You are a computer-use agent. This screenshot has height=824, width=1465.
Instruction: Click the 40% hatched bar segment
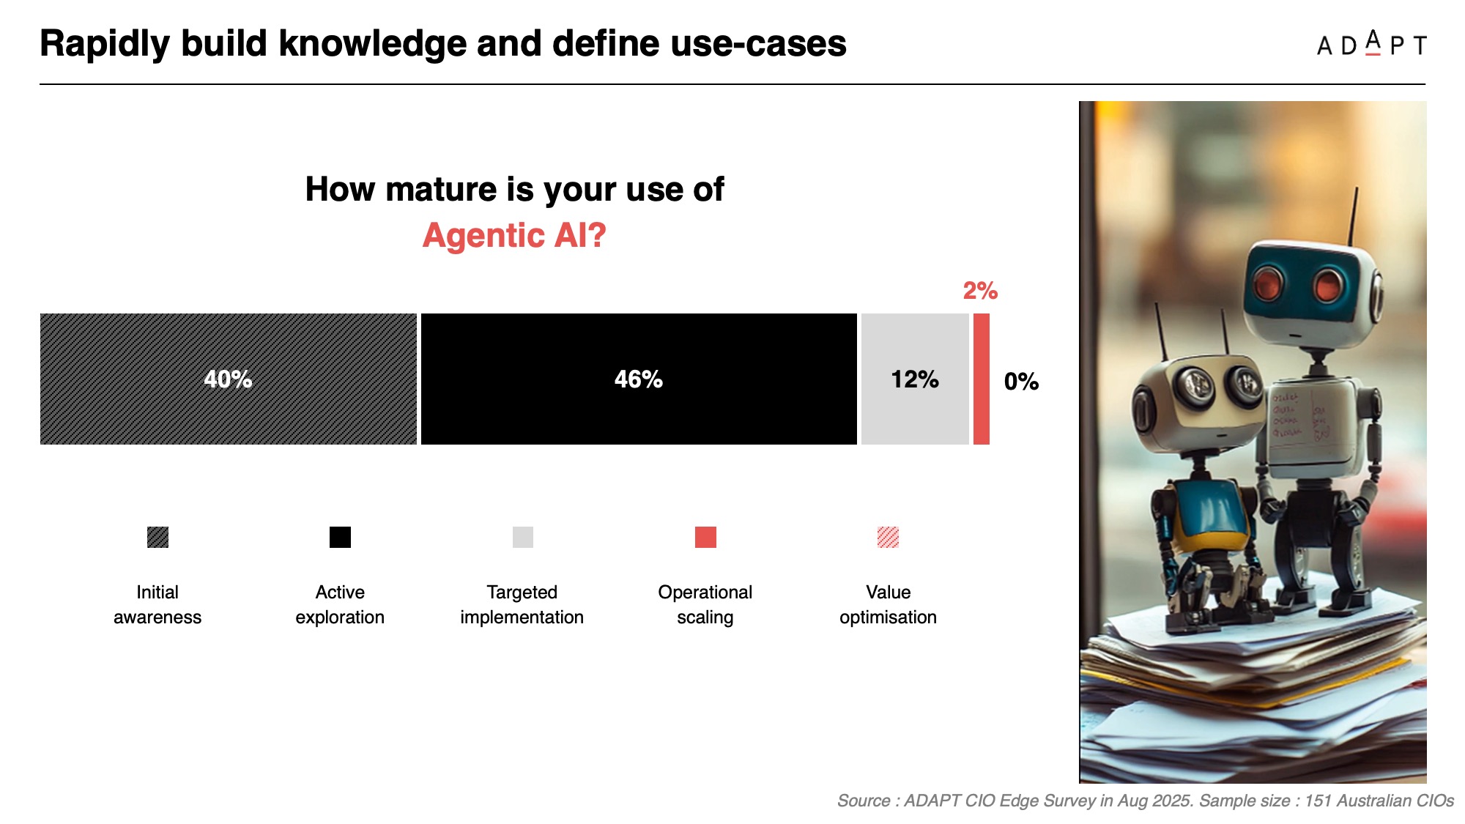click(x=228, y=379)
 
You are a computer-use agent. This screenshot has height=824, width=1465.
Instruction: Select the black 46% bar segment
click(x=639, y=379)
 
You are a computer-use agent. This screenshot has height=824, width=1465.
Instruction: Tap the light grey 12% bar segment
click(x=915, y=379)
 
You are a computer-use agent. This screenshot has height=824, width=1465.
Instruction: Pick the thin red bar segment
click(x=982, y=379)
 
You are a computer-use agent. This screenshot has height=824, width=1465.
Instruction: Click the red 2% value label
click(x=980, y=291)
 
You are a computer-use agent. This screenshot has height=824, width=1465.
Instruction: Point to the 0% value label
click(x=1021, y=382)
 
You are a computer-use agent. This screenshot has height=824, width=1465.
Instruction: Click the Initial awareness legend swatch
click(x=157, y=537)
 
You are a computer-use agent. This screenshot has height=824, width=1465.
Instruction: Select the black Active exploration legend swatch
click(x=340, y=537)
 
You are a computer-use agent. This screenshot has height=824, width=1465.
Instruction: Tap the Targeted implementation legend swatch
click(x=523, y=537)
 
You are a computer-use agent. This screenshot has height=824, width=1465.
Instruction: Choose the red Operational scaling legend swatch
click(x=705, y=537)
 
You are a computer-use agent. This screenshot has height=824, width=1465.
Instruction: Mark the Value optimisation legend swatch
click(x=888, y=537)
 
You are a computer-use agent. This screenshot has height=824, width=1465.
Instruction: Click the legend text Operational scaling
click(x=705, y=604)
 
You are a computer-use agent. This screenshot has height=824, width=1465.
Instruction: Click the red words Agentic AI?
click(x=514, y=236)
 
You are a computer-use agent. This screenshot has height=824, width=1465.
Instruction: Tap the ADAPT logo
click(x=1371, y=44)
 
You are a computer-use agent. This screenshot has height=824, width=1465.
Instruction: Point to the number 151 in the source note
click(x=1318, y=801)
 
